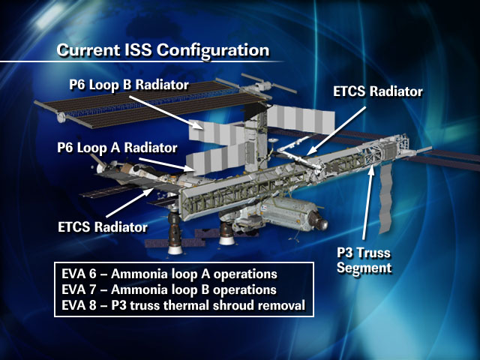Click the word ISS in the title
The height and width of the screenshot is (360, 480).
pos(138,50)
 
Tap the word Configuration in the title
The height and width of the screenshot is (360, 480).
pos(213,51)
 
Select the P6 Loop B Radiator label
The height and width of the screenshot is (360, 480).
pos(129,85)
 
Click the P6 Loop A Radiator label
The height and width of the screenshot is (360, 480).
pos(117,148)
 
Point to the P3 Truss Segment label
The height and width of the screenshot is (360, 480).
pos(364,260)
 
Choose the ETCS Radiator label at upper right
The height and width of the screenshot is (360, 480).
pos(378,91)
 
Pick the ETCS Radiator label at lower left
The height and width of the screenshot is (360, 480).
pos(103,227)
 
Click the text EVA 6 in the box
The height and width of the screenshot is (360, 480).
pos(79,274)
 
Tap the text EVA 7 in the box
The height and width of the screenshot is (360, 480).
pos(79,289)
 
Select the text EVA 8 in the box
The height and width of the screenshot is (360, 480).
pos(79,305)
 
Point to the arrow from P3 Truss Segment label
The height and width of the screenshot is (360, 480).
pos(367,202)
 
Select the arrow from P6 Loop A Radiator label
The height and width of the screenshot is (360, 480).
pos(166,164)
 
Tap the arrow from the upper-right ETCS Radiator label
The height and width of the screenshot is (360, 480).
pos(337,130)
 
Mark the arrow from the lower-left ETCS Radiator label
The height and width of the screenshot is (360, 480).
pos(130,203)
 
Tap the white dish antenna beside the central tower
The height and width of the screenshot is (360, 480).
pos(274,141)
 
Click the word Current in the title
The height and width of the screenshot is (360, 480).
pos(88,50)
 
